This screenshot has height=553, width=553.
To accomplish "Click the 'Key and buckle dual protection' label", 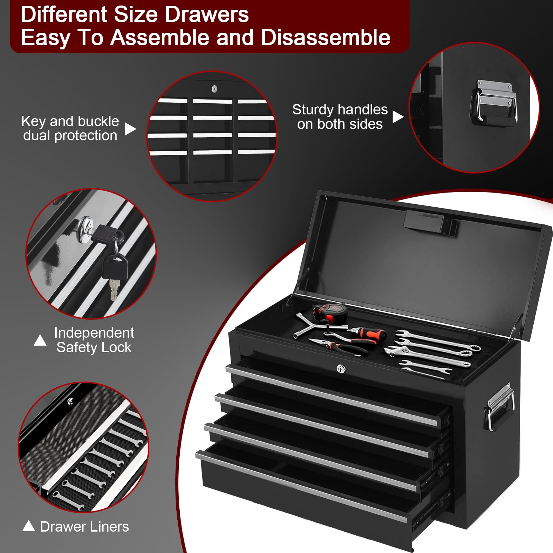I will coord(70,128).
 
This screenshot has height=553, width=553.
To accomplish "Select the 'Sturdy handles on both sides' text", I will coord(340,117).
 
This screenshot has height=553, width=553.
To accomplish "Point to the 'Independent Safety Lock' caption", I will coord(94,340).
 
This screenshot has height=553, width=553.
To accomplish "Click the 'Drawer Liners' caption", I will coord(84,527).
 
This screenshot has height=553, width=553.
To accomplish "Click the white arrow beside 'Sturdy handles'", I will coord(397,117).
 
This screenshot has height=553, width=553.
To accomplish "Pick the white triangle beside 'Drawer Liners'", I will coord(28,526).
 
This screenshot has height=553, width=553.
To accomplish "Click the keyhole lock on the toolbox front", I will coord(341,369).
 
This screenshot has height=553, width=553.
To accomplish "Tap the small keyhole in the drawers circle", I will coord(214,89).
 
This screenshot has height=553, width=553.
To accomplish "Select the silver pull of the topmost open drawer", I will coord(332,394).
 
